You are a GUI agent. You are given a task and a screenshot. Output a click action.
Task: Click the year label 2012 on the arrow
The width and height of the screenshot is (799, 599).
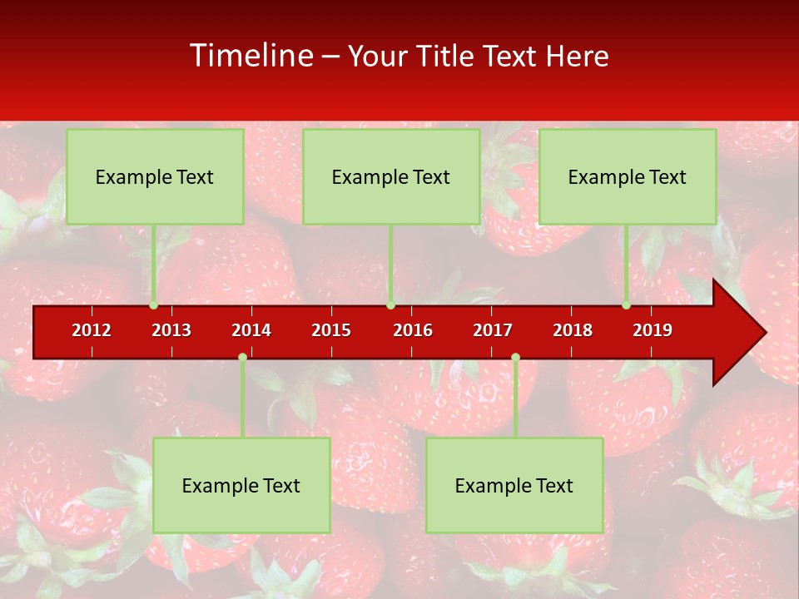pos(92,330)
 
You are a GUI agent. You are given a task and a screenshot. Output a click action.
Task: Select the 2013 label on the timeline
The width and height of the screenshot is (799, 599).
pos(171,330)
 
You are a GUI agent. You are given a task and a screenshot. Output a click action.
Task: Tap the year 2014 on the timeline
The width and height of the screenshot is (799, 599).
pos(251,330)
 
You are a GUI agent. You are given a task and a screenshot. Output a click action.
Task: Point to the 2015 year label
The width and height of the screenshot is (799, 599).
pos(331,330)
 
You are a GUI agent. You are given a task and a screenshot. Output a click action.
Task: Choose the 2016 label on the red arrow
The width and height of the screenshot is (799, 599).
pos(413,330)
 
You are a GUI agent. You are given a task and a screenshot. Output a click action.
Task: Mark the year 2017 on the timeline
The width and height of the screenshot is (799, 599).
pos(493,330)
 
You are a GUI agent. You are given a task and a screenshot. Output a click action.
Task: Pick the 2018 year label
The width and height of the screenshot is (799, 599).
pos(573,330)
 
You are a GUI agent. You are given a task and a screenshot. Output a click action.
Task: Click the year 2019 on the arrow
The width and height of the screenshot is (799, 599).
pos(653,330)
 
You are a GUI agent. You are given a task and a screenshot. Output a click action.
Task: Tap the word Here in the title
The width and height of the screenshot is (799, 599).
pos(577,57)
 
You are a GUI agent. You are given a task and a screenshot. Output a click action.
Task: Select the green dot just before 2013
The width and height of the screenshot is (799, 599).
pos(154,305)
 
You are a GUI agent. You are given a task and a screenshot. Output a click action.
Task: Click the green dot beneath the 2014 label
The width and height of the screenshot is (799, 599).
pos(242,357)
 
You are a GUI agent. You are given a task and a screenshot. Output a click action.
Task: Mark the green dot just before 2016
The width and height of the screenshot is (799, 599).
pos(390,305)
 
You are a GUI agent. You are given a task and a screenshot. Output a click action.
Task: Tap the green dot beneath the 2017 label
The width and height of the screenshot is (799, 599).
pos(515,357)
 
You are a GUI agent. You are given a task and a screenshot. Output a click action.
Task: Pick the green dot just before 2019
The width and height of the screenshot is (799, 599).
pos(627,305)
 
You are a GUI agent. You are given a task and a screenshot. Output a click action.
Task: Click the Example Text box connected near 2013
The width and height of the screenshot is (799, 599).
pos(155,176)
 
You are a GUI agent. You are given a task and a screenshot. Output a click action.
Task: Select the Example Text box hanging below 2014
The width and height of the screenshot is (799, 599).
pos(241,485)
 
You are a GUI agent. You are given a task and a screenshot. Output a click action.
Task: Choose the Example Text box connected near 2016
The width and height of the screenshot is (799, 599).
pos(391,176)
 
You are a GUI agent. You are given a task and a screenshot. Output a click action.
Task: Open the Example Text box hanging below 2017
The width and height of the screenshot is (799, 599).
pos(514,485)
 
